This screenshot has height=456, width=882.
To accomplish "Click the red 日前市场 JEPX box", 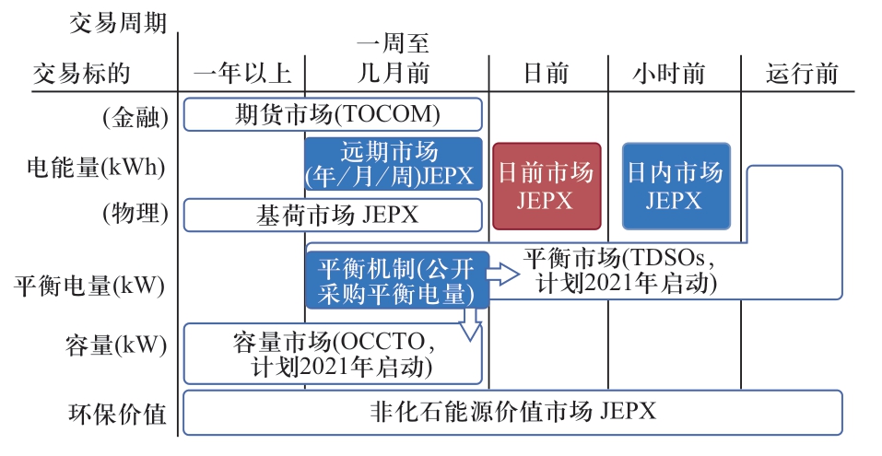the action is point(547,186).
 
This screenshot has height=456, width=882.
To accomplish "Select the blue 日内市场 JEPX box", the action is point(676,186).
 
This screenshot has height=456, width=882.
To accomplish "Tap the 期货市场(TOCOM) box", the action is point(333,115).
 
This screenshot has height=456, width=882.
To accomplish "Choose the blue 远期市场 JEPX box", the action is point(394,164).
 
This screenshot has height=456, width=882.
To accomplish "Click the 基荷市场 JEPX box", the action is point(333,215).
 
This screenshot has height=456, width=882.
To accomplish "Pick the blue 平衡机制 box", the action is point(397,280).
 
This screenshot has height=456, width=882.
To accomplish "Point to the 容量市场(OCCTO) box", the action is point(333,354).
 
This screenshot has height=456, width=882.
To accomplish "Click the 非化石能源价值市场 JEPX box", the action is point(513,413).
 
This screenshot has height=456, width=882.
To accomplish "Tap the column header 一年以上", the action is point(242,74).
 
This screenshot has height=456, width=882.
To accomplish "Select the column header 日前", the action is point(546,74).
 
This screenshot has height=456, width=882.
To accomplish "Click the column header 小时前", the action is point(669,74).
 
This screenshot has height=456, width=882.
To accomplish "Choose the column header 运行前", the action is point(802,74).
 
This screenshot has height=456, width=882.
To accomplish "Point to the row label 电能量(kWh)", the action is point(96,168).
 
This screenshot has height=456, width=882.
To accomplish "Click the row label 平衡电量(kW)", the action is point(89,286).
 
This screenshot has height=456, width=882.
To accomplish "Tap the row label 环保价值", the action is point(118,415).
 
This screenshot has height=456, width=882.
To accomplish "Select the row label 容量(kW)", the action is point(116,345).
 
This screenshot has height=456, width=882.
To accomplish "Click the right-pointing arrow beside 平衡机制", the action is point(503,275).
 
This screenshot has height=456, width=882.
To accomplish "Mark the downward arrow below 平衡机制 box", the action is point(470,324).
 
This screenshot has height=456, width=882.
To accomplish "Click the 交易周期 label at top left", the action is point(118,24).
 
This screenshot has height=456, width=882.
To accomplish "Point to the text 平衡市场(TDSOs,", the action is point(619,258).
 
